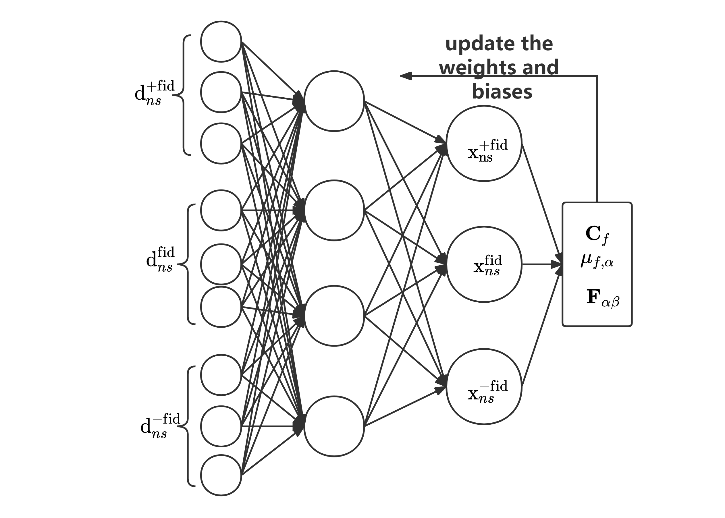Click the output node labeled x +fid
coord(484,144)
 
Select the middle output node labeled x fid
coord(484,264)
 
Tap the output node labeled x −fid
coord(484,386)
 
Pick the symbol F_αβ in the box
coord(602,298)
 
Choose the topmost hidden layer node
coord(334,101)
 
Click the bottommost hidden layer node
coord(334,426)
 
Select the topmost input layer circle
coord(221,41)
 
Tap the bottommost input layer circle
coord(221,475)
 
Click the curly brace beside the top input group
coord(182,95)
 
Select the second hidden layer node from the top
coord(334,210)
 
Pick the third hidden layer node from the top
coord(334,316)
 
